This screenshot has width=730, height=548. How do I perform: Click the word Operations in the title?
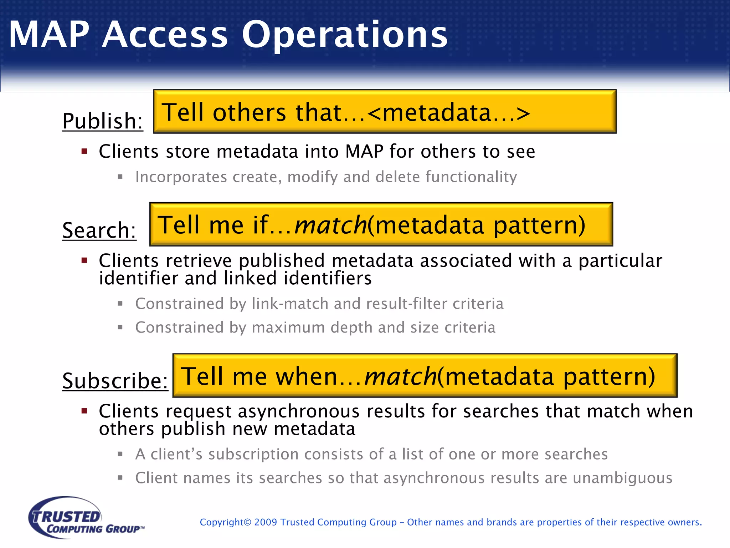click(x=344, y=35)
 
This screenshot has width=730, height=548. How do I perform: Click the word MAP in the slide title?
click(x=49, y=35)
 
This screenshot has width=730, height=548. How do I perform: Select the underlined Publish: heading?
click(x=103, y=121)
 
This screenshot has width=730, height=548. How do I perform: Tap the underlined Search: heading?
click(x=99, y=230)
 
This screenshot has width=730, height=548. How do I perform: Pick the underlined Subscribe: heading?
click(x=115, y=381)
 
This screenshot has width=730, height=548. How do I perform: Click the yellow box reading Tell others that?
click(x=385, y=112)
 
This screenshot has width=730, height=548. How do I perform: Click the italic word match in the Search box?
click(x=330, y=225)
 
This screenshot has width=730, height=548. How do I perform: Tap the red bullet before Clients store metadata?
click(x=84, y=151)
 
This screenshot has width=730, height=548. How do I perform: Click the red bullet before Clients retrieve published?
click(x=84, y=260)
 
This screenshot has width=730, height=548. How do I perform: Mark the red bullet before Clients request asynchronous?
click(x=84, y=411)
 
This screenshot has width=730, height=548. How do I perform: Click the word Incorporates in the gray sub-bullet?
click(x=181, y=177)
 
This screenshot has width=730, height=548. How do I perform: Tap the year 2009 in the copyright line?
click(x=266, y=522)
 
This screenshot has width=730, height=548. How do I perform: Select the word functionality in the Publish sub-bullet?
click(x=471, y=177)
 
